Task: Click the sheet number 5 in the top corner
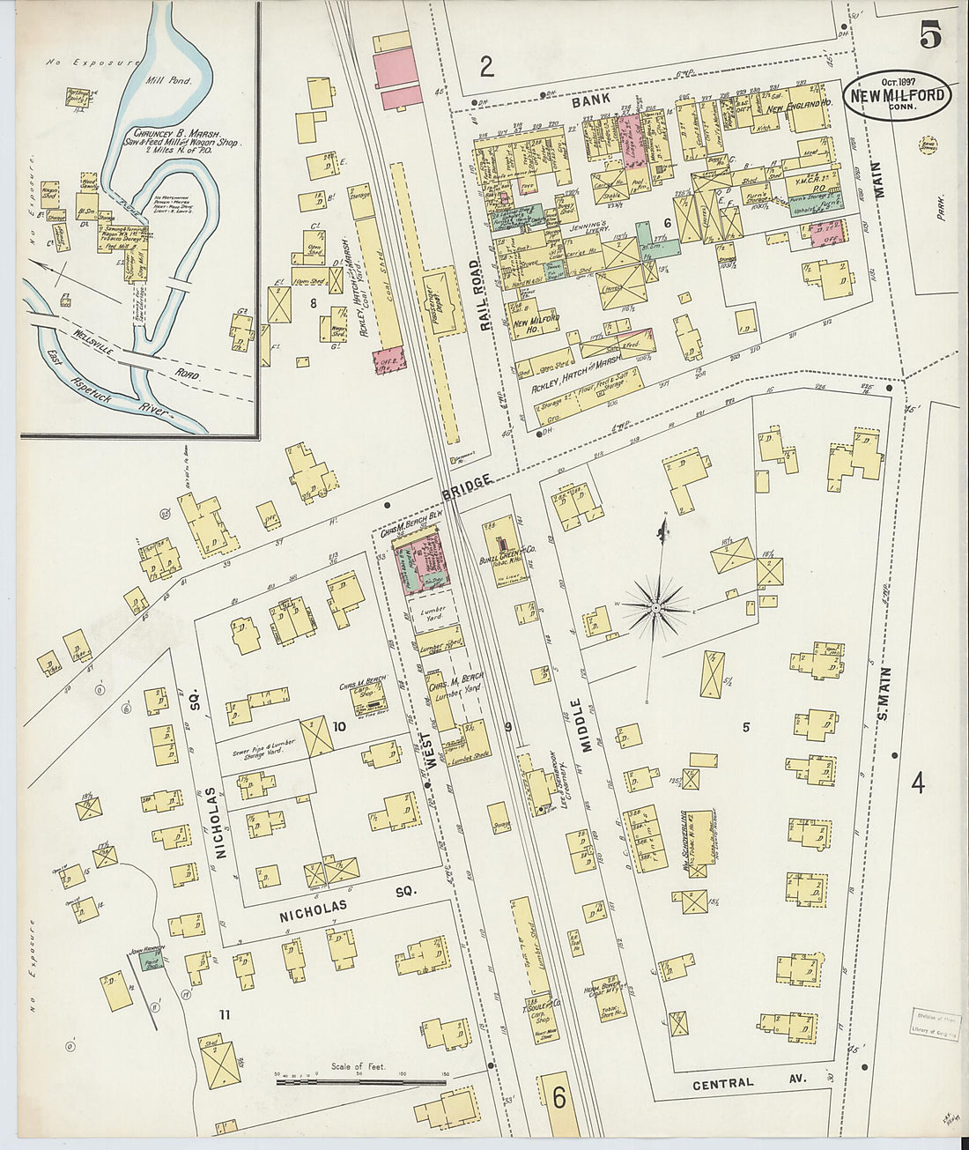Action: click(930, 34)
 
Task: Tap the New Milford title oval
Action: click(899, 97)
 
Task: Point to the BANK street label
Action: click(590, 101)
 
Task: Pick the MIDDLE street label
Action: click(577, 725)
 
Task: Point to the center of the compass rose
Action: click(656, 607)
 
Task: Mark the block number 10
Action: click(338, 726)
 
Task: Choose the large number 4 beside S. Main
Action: click(918, 782)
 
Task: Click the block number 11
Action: click(225, 1015)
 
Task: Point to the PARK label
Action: click(943, 206)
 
